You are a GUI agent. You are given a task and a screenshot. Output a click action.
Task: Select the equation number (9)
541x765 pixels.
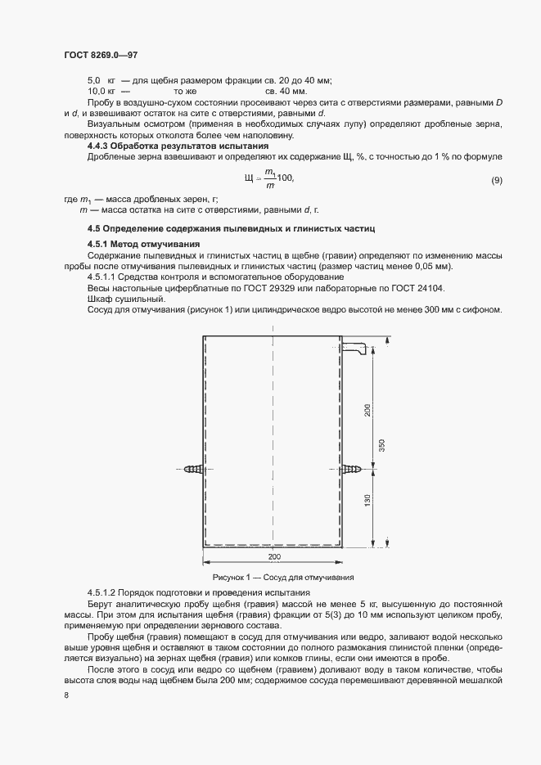[496, 179]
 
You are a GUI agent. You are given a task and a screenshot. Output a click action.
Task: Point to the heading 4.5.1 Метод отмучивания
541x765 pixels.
[143, 245]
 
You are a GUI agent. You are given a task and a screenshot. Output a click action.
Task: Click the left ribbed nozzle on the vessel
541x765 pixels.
[193, 469]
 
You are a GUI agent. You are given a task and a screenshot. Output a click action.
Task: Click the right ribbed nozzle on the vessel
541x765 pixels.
[353, 470]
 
